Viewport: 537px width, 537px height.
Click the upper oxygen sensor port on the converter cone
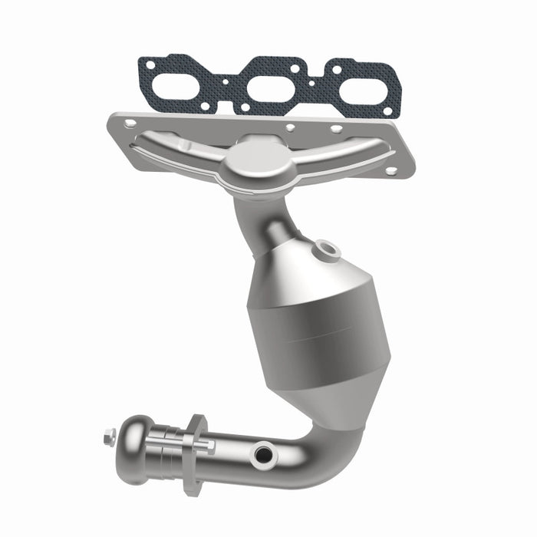click(x=329, y=248)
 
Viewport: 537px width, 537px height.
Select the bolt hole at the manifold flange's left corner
click(x=130, y=123)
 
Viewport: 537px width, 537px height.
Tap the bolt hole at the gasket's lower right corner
click(x=387, y=112)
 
